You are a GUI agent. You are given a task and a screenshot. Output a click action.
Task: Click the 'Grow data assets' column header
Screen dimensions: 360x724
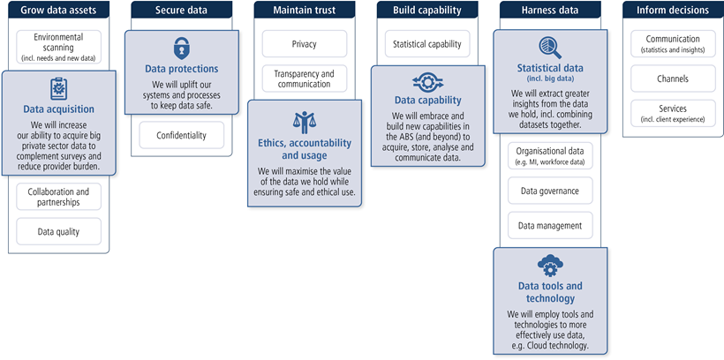pos(58,11)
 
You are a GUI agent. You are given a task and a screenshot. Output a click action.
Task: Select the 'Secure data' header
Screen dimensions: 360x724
pos(181,11)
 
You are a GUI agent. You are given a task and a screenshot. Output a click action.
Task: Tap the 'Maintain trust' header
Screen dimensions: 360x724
pos(304,11)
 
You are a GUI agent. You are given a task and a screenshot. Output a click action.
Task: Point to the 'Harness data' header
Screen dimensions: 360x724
pos(550,11)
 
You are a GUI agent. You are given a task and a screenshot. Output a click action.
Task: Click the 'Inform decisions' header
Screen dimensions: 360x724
pos(673,11)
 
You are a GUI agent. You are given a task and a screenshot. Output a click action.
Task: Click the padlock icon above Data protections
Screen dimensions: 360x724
pos(181,48)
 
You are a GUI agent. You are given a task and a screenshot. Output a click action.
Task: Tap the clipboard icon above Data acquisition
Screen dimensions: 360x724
pos(58,88)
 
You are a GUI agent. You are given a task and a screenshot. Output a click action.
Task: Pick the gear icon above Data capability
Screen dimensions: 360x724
pos(427,83)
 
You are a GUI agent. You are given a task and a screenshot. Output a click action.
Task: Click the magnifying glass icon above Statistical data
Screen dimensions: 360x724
pos(550,48)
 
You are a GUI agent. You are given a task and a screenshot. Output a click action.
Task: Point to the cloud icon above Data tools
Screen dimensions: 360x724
pos(550,265)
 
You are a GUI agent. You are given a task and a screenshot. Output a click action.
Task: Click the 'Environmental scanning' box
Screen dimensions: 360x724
pos(58,46)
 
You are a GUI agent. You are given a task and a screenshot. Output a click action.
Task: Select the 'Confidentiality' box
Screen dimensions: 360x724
pos(181,135)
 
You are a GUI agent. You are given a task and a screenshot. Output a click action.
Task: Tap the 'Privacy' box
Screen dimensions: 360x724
pos(304,44)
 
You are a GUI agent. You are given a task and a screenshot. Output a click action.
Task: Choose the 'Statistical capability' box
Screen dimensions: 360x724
pos(427,44)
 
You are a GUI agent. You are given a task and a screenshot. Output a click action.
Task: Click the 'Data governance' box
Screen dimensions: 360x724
pos(550,190)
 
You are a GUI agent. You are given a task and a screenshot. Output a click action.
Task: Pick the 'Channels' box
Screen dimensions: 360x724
pos(673,79)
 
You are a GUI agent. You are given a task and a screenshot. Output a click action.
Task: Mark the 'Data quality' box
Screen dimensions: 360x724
pos(58,231)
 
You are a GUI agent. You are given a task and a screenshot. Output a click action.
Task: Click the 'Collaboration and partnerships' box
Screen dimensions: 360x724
pos(58,197)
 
